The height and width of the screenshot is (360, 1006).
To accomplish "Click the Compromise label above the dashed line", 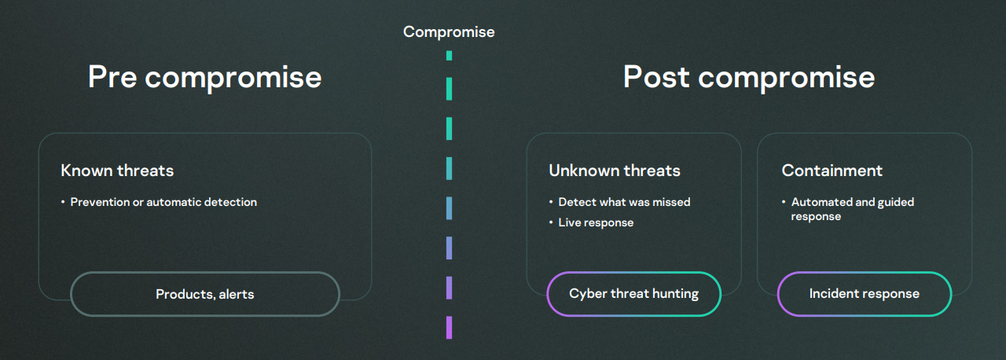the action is pyautogui.click(x=449, y=32).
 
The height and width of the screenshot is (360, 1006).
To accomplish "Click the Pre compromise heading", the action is pyautogui.click(x=205, y=77).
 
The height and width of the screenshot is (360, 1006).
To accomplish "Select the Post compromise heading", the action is pyautogui.click(x=749, y=77).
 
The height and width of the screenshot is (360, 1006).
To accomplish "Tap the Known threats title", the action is pyautogui.click(x=117, y=171).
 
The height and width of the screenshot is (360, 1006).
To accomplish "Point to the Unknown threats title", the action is pyautogui.click(x=615, y=171).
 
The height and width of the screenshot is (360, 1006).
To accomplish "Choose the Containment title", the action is pyautogui.click(x=832, y=171).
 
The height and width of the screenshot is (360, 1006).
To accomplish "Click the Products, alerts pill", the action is pyautogui.click(x=205, y=294).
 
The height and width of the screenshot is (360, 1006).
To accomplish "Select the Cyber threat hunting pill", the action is pyautogui.click(x=633, y=294).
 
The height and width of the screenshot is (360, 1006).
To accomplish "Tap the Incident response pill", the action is pyautogui.click(x=865, y=294).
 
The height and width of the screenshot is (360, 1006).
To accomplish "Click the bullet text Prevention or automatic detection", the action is pyautogui.click(x=163, y=203).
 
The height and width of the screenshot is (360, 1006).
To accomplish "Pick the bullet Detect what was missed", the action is pyautogui.click(x=624, y=203).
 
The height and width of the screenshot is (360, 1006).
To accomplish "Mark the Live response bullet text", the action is pyautogui.click(x=596, y=222).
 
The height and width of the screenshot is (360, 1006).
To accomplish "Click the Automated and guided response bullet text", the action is pyautogui.click(x=853, y=209).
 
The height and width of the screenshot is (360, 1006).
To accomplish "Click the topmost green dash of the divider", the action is pyautogui.click(x=449, y=56).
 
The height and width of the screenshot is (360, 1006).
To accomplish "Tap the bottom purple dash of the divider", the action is pyautogui.click(x=449, y=328).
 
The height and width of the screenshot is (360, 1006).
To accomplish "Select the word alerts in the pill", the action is pyautogui.click(x=237, y=294).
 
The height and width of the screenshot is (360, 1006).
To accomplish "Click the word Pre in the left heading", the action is pyautogui.click(x=112, y=76).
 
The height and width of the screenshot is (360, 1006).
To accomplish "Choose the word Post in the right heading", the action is pyautogui.click(x=656, y=76).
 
